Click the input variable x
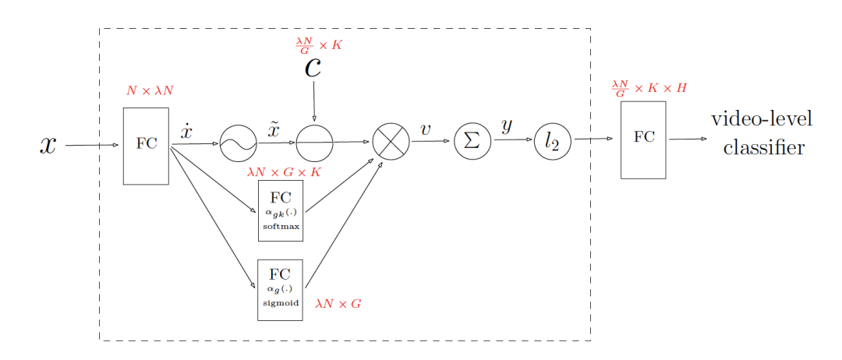[x=48, y=146]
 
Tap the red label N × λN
[x=150, y=90]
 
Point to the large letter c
[x=313, y=68]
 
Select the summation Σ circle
[x=472, y=140]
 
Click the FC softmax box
[x=281, y=211]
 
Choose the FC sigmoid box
[x=281, y=290]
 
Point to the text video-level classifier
[x=762, y=133]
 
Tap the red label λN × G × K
[x=284, y=173]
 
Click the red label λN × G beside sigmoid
[x=338, y=304]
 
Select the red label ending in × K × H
[x=649, y=87]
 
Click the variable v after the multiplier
[x=426, y=129]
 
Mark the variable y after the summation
[x=507, y=126]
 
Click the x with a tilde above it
[x=274, y=129]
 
